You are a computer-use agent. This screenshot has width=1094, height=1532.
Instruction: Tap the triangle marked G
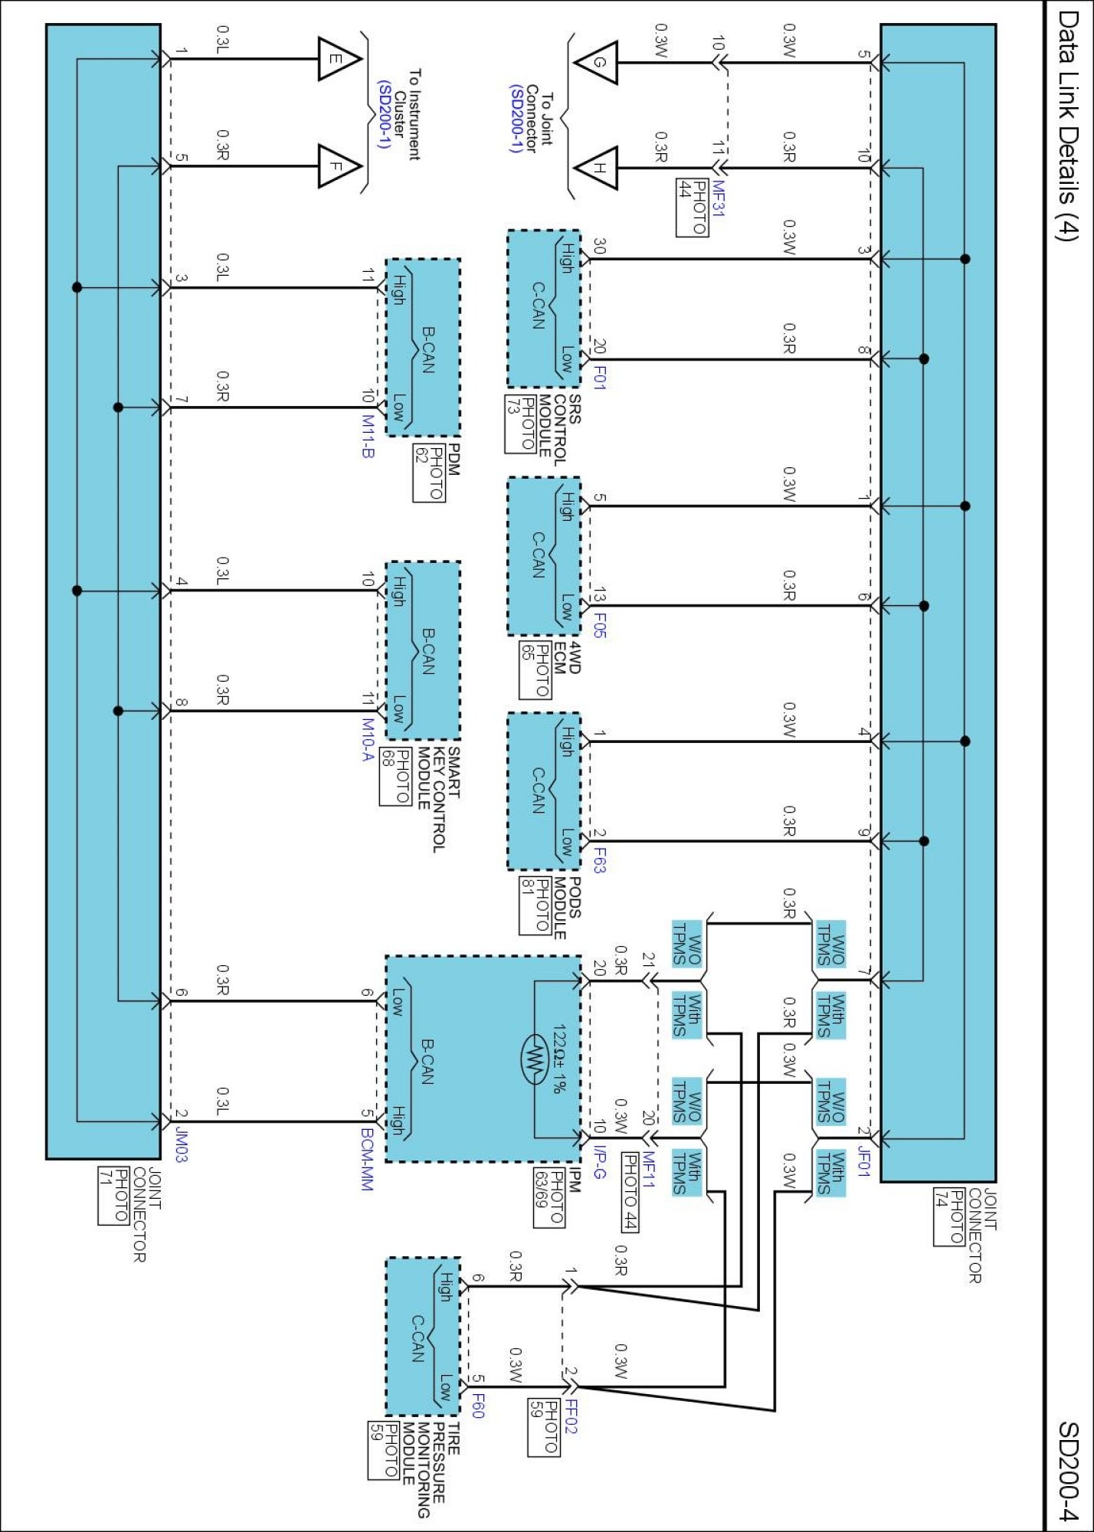click(x=596, y=62)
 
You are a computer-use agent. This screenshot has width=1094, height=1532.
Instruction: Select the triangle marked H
click(x=596, y=168)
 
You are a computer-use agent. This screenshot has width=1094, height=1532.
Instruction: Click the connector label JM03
click(x=181, y=1144)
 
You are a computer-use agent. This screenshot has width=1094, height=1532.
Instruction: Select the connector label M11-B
click(x=368, y=437)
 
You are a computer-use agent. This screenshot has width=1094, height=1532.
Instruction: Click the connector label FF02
click(x=572, y=1416)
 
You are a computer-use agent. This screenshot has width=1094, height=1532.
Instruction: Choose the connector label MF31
click(x=718, y=199)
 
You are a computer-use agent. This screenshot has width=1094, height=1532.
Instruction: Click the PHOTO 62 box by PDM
click(x=429, y=473)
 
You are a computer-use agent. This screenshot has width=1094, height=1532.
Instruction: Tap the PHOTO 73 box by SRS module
click(x=520, y=424)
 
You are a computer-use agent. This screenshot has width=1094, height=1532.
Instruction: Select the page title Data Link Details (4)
click(x=1067, y=126)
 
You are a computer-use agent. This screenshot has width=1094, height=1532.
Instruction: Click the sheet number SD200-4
click(x=1069, y=1471)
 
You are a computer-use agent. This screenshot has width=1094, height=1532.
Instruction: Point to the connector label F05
click(x=600, y=625)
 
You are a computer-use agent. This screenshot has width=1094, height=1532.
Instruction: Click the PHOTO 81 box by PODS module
click(x=535, y=906)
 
